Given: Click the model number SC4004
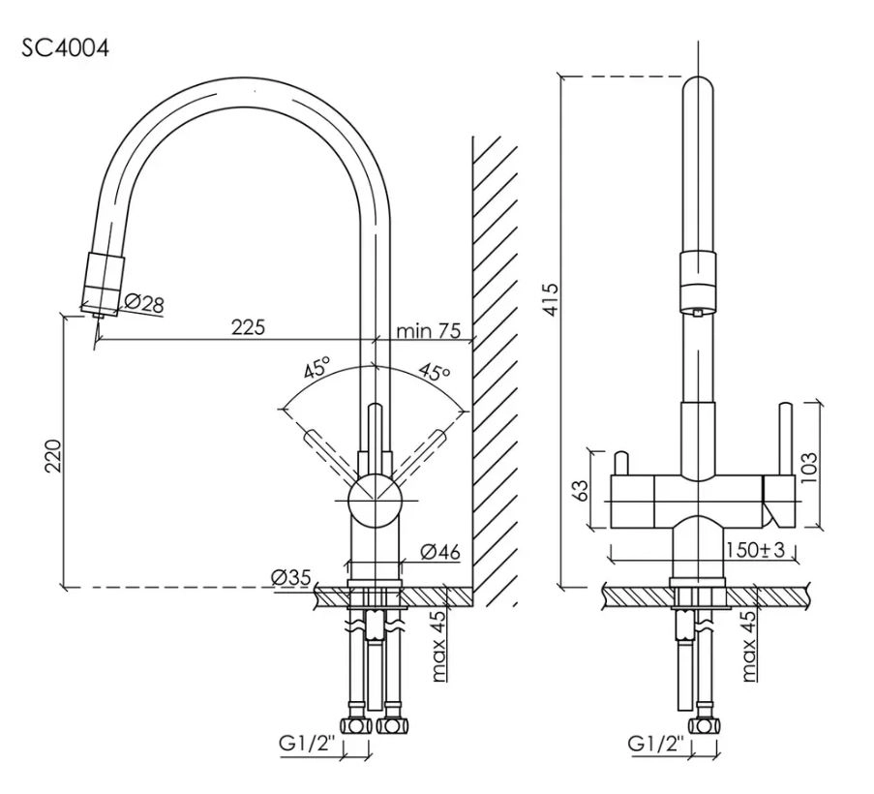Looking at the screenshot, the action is (66, 48).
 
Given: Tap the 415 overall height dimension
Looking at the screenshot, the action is (551, 300).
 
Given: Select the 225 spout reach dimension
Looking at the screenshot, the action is (248, 326).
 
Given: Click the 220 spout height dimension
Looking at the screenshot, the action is (53, 455).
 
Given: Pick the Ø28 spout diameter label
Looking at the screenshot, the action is (144, 303).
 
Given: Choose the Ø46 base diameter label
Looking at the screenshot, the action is (441, 552).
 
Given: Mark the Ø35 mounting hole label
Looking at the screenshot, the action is (291, 578).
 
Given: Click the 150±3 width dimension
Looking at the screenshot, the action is (756, 550).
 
